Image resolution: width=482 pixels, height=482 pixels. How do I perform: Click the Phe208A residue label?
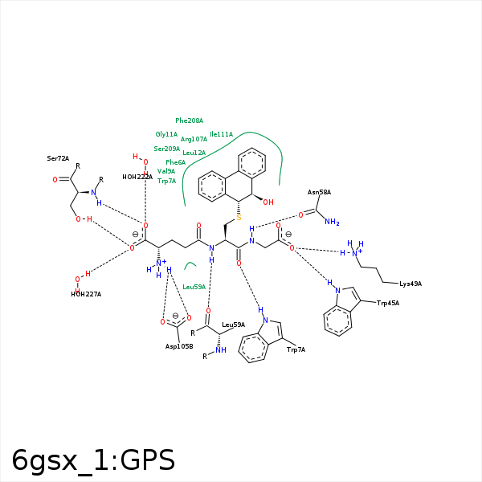point(189,120)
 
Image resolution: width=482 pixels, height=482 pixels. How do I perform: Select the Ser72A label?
point(58,158)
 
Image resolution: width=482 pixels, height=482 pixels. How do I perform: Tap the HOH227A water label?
point(86,294)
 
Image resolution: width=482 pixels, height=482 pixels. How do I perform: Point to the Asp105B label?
point(179,346)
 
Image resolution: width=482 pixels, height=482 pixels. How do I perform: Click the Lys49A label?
point(411,284)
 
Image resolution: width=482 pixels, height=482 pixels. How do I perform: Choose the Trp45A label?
point(388,303)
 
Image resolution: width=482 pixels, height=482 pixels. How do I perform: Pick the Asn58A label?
point(319,192)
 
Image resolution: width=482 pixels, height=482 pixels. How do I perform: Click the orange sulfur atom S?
point(239,218)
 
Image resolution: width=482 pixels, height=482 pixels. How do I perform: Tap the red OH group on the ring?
point(268,202)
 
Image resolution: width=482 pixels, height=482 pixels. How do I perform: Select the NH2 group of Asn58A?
point(332,222)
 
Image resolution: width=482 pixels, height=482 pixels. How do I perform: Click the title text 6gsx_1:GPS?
point(93,460)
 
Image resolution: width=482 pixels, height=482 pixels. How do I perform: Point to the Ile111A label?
point(222,134)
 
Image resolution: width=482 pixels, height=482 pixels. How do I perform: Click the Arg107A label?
point(194,139)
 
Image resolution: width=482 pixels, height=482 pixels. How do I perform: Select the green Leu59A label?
point(194,287)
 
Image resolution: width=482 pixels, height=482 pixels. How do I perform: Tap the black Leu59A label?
point(233,325)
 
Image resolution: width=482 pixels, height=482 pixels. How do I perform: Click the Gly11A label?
point(166,134)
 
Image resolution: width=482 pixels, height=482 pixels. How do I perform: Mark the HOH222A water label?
point(137,177)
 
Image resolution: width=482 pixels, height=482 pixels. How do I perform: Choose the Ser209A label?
point(166,149)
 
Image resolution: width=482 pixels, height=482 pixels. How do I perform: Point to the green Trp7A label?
point(166,181)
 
